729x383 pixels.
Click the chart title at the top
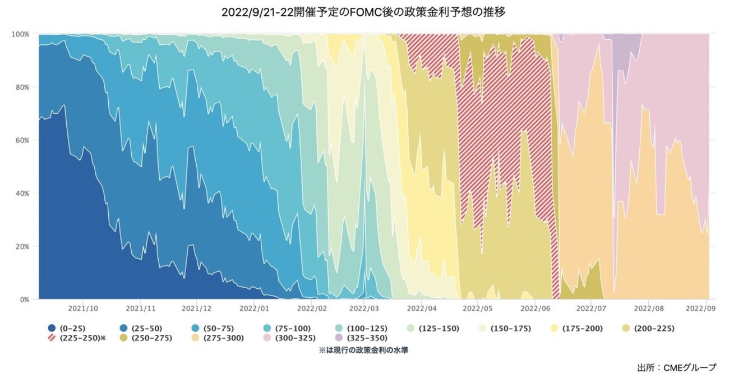[x=364, y=12]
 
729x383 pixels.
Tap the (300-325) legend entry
[x=292, y=338]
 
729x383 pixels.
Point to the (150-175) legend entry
[x=507, y=328]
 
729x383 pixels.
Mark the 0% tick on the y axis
[x=24, y=299]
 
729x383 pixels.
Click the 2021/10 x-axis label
[x=84, y=308]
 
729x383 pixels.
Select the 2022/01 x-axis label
[x=255, y=308]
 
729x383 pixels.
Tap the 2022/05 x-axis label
[x=478, y=308]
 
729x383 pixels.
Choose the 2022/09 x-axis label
[x=702, y=308]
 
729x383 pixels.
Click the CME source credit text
[x=676, y=368]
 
